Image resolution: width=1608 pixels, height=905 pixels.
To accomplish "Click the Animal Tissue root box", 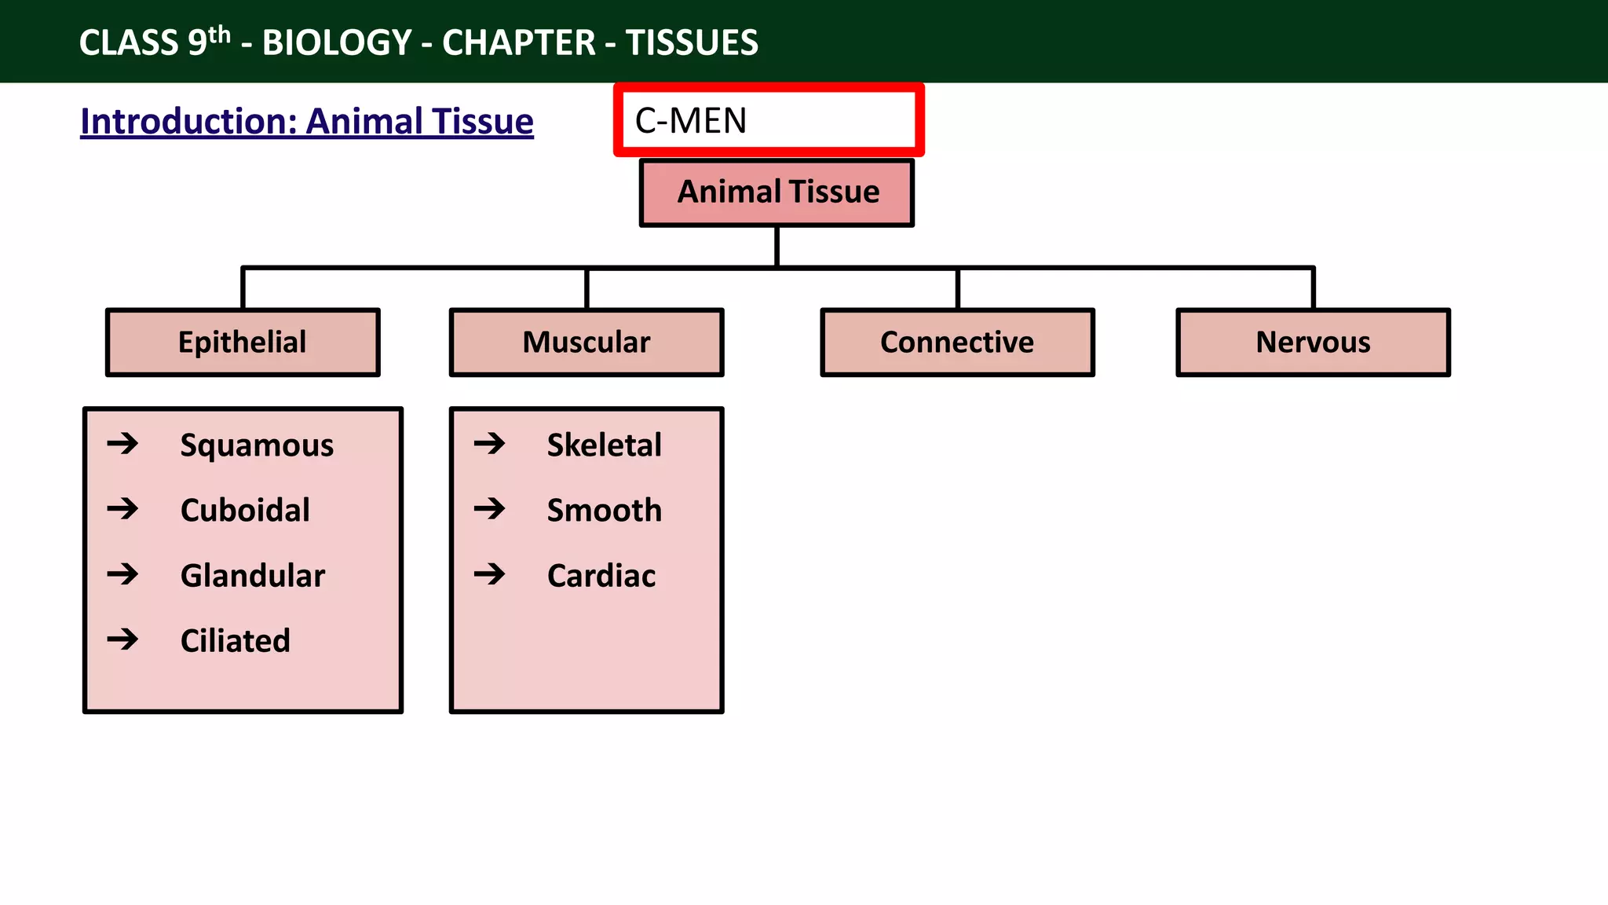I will pos(777,192).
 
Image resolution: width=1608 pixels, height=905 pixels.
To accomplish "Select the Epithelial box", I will pos(243,343).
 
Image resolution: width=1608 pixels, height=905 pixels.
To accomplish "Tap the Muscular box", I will pos(587,343).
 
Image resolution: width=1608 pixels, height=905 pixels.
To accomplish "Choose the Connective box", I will pos(957,343).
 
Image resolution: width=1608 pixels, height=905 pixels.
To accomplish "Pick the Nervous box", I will pos(1313,343).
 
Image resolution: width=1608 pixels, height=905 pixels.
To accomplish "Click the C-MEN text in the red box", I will pos(691,121).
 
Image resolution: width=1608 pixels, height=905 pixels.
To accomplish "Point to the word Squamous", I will pos(257,445).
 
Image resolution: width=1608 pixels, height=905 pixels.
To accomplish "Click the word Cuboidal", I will pos(245,511).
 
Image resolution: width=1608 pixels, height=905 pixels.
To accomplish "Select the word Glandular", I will pos(252,576).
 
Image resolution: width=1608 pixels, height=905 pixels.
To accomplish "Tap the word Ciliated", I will pos(235,641).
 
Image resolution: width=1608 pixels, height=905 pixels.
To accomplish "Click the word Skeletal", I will pos(604,445).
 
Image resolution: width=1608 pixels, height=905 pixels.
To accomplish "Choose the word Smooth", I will pos(604,511).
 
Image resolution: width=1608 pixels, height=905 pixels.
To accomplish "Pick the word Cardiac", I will pos(601,576).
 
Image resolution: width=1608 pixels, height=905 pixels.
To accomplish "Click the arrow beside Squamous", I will pos(123,444).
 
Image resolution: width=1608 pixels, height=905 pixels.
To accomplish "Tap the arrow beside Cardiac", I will pos(490,574).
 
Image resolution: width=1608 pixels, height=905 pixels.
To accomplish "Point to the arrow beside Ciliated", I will pos(123,639).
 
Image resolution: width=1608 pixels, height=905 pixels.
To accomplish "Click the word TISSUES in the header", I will pos(692,42).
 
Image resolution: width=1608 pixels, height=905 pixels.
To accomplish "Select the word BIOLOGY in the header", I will pos(337,42).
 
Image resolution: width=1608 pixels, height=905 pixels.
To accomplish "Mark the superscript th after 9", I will pos(220,35).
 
